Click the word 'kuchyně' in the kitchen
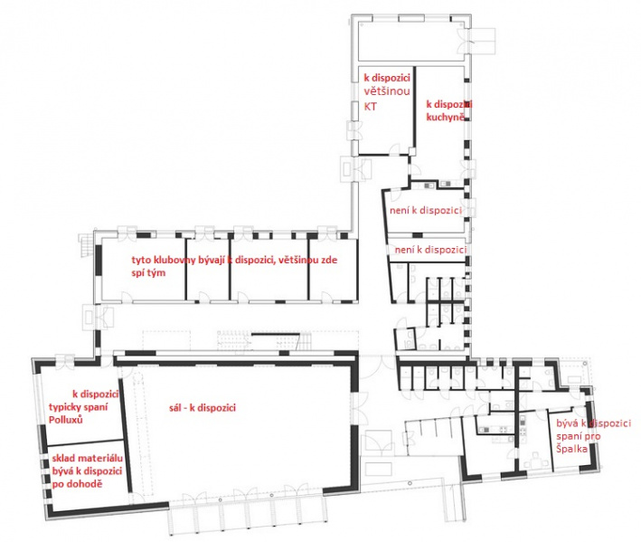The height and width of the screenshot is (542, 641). (445, 117)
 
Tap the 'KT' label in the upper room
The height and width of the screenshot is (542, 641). (371, 107)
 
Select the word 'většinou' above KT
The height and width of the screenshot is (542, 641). (387, 91)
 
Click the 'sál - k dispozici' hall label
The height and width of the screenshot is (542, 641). (203, 408)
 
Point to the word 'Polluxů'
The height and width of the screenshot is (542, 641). (65, 420)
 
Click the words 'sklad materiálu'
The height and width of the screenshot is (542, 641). (87, 459)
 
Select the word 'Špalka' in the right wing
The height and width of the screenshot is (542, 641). (571, 449)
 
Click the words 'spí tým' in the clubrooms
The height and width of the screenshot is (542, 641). (148, 273)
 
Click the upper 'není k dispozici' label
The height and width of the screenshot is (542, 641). (426, 210)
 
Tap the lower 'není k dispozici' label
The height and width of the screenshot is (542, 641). (430, 250)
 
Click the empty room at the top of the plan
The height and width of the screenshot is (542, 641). (410, 40)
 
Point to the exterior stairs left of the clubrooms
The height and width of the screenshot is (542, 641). (85, 244)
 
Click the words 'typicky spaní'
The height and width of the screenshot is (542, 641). (78, 407)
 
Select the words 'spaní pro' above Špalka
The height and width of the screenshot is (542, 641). (578, 436)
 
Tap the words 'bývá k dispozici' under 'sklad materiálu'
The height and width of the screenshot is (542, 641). (87, 471)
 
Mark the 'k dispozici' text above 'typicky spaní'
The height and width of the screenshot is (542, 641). (96, 395)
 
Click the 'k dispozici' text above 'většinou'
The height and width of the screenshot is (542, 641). (387, 78)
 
